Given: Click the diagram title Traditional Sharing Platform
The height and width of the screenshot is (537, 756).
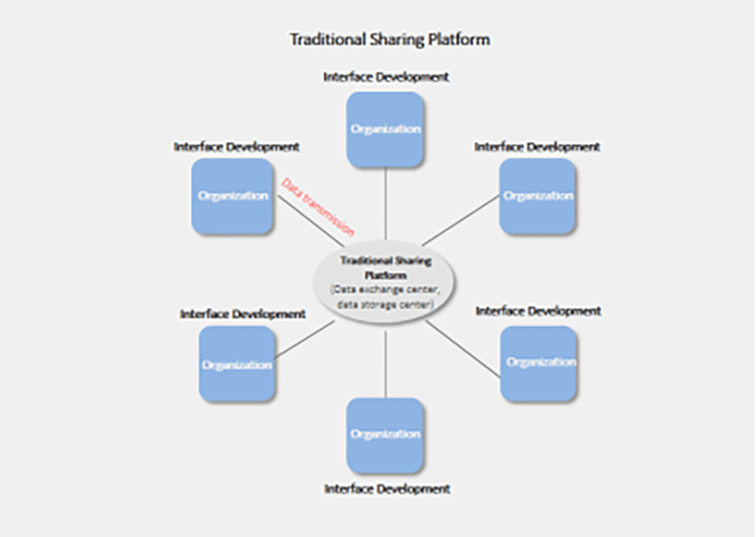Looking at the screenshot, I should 390,40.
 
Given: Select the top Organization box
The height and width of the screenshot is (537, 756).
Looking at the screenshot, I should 385,130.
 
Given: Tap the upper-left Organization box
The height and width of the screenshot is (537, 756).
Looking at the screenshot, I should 232,196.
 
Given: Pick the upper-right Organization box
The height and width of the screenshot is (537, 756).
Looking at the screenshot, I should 537,196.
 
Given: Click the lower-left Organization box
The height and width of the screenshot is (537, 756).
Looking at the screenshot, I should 236,364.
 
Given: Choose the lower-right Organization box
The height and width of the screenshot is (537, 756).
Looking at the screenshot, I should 539,362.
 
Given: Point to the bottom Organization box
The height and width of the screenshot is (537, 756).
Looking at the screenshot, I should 385,434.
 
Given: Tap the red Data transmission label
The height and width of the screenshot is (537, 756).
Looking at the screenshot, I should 317,207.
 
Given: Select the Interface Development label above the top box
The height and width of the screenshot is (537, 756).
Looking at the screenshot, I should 386,75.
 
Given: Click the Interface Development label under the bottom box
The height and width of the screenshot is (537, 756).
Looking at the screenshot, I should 387,488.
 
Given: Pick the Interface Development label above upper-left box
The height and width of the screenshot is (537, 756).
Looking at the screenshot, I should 236,146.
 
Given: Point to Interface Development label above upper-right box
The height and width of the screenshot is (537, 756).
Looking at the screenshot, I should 537,146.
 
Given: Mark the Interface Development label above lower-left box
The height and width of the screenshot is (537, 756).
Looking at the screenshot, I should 242,314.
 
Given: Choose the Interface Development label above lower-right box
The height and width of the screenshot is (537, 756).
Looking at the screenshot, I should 538,310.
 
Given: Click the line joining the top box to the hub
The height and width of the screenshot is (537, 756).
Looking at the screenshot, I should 386,205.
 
